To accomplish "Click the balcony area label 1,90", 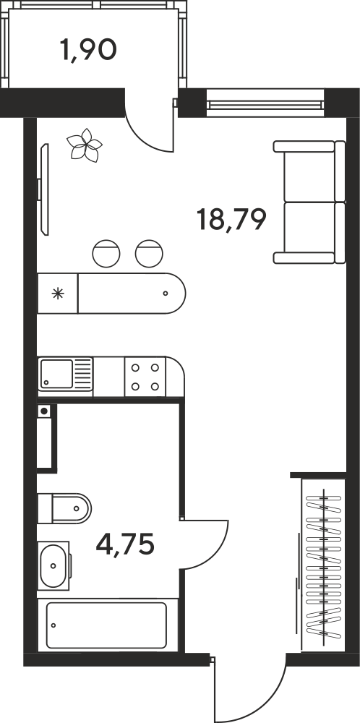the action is [88, 50].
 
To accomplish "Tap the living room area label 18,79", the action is [231, 219].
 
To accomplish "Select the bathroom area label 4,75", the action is [125, 544].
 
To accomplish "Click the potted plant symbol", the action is [84, 145].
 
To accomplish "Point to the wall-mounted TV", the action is [44, 189].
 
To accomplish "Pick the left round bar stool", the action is [106, 253].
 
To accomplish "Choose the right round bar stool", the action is [149, 253].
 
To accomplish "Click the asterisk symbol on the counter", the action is [58, 294].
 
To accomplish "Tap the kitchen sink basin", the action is [56, 374].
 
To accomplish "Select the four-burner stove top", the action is [145, 377].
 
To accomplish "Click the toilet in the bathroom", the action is [64, 508].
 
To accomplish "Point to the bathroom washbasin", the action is [53, 566].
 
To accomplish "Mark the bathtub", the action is [106, 625].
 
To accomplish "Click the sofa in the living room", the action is [309, 202].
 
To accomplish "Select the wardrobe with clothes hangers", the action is [323, 566].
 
